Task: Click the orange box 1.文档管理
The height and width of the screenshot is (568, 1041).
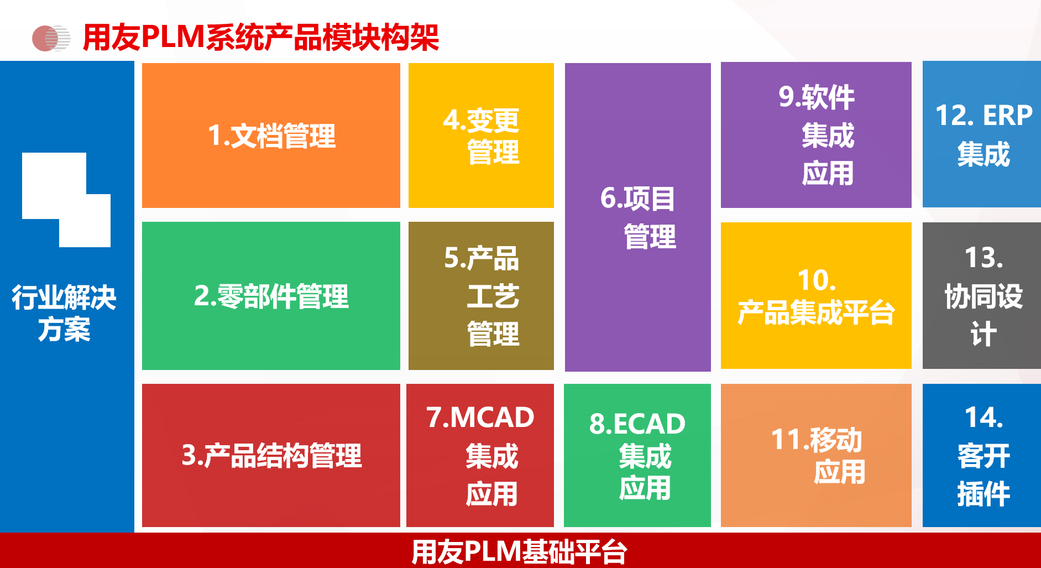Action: coord(271,136)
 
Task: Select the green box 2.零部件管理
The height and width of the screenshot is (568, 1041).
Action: coord(271,296)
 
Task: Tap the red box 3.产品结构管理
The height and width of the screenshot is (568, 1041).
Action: coord(271,455)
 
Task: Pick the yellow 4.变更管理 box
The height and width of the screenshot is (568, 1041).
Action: coord(481,136)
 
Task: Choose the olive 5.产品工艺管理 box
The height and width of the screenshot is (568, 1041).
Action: coord(481,296)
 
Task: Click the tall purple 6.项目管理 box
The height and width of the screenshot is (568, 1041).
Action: coord(638,217)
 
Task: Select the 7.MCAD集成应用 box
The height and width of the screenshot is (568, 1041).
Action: coord(480,455)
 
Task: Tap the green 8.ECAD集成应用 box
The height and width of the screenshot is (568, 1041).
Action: coord(637,455)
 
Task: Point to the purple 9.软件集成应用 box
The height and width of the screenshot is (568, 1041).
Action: coord(816,135)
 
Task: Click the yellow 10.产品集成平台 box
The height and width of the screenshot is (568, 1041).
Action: coord(816,295)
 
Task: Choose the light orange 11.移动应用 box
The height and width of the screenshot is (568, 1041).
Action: coord(816,455)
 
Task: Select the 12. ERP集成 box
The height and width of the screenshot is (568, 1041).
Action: coord(982,134)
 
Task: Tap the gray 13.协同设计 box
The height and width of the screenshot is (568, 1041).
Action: coord(982,295)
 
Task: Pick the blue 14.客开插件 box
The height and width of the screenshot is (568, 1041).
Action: coord(982,455)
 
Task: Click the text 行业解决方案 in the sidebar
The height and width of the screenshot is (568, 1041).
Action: coord(64,313)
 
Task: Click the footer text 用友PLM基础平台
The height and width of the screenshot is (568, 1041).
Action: coord(519,551)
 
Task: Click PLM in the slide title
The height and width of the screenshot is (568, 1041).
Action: coord(173,37)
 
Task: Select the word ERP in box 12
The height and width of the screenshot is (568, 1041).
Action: coord(1007,116)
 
